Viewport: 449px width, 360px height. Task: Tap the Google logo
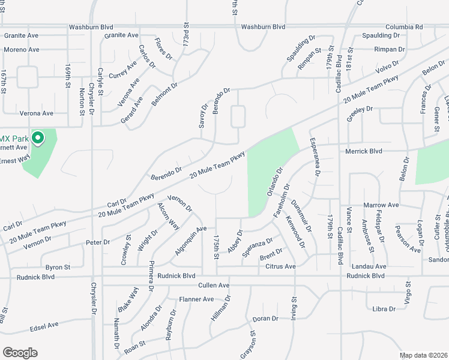pyautogui.click(x=20, y=353)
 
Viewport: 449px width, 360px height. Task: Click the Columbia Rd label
pyautogui.click(x=404, y=27)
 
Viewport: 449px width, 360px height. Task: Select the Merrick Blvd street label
pyautogui.click(x=364, y=152)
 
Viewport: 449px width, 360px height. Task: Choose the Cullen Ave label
pyautogui.click(x=214, y=285)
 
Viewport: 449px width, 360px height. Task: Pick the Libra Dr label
pyautogui.click(x=384, y=309)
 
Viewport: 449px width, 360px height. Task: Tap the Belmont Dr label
pyautogui.click(x=165, y=95)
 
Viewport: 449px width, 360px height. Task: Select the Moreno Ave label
pyautogui.click(x=22, y=49)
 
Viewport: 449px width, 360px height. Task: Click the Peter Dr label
pyautogui.click(x=98, y=242)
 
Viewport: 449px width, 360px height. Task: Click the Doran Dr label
pyautogui.click(x=267, y=319)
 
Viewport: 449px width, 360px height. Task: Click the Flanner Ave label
pyautogui.click(x=196, y=299)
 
